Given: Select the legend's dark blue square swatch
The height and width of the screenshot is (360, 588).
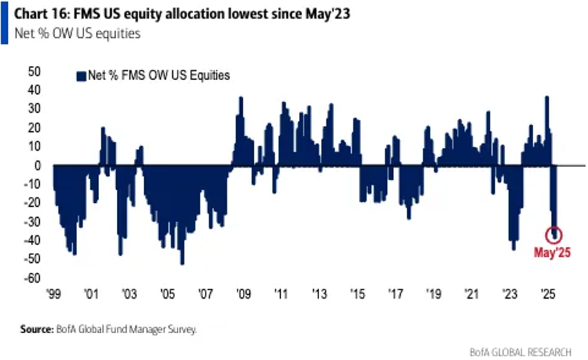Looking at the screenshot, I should (x=81, y=76).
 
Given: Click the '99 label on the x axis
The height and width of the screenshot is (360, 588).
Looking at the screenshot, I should (x=54, y=293).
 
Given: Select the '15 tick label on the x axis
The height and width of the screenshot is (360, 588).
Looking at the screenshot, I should (x=357, y=293).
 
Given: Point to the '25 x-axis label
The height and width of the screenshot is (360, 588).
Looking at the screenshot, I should (x=546, y=293).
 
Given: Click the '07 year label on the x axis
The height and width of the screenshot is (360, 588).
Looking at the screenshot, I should (x=206, y=293).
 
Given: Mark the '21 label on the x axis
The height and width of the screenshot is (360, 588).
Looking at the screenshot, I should (x=471, y=293).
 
